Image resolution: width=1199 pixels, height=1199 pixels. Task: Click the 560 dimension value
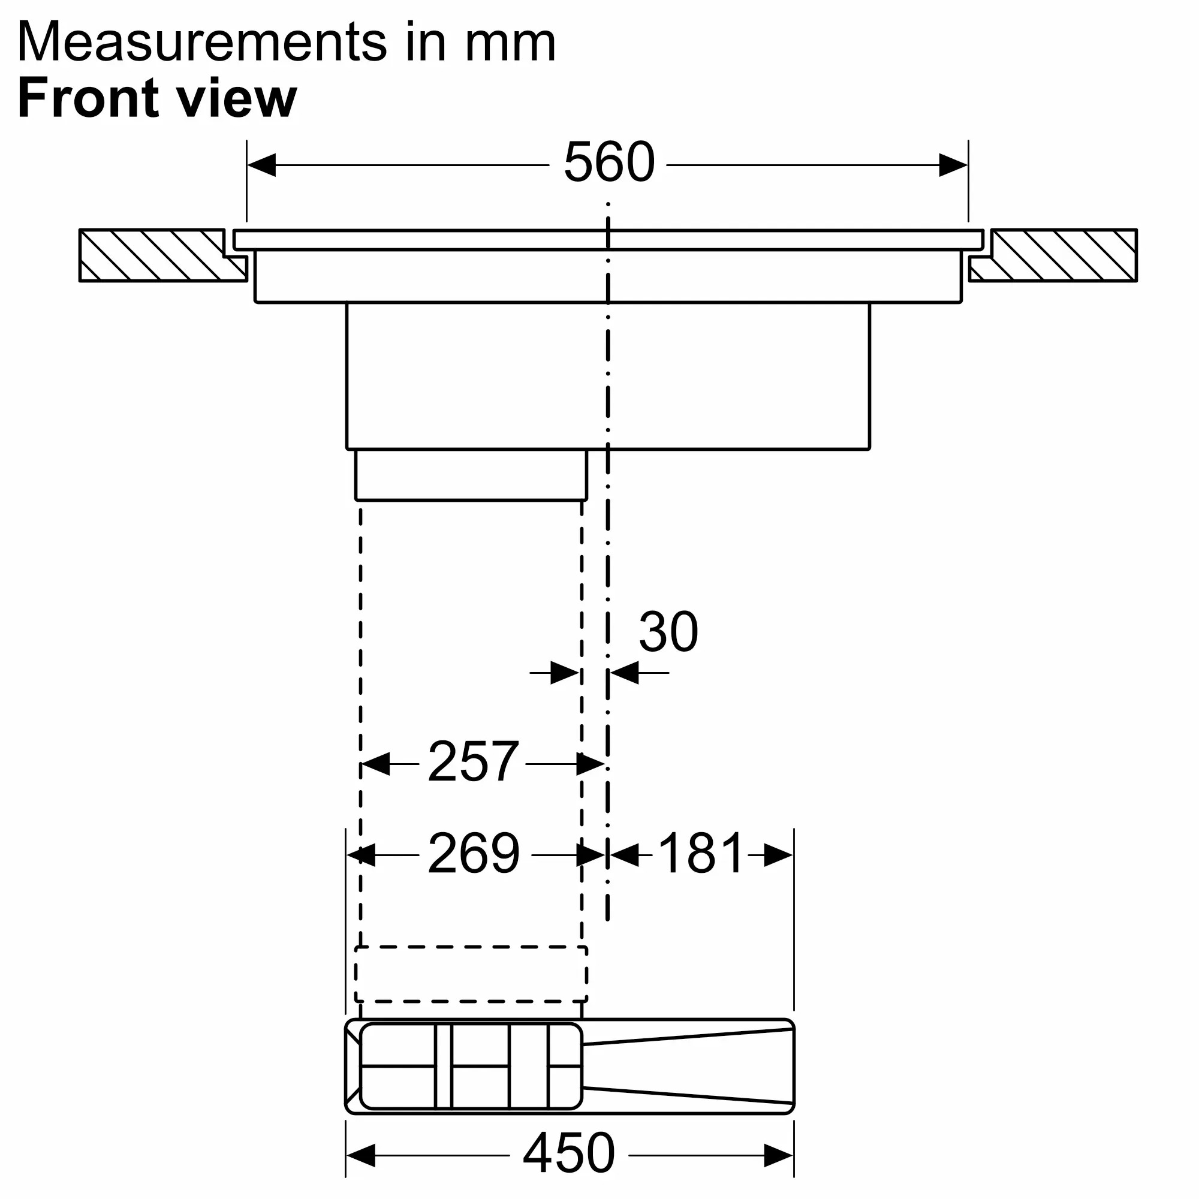609,162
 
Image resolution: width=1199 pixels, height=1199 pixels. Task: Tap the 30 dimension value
668,632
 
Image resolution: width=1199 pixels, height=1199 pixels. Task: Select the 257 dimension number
473,761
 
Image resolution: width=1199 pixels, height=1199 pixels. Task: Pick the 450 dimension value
569,1152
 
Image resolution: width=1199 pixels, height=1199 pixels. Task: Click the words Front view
158,98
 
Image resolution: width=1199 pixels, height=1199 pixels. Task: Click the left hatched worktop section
162,255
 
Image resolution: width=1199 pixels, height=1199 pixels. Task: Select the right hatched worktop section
1054,255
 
